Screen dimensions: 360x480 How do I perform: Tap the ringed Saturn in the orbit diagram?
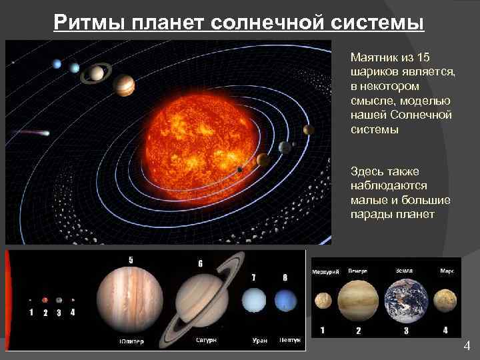coord(97,73)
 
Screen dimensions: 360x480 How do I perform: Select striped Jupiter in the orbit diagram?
coord(124,85)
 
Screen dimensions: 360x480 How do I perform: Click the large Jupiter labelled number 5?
coord(130,297)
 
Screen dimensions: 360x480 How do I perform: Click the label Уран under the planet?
coord(259,340)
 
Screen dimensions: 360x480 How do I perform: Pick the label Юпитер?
coord(131,341)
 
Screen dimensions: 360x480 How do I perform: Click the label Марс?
coord(447,271)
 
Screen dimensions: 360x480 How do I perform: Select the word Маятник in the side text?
coord(373,58)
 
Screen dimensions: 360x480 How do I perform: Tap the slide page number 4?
coord(466,346)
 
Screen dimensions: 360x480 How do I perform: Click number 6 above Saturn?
coord(200,263)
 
